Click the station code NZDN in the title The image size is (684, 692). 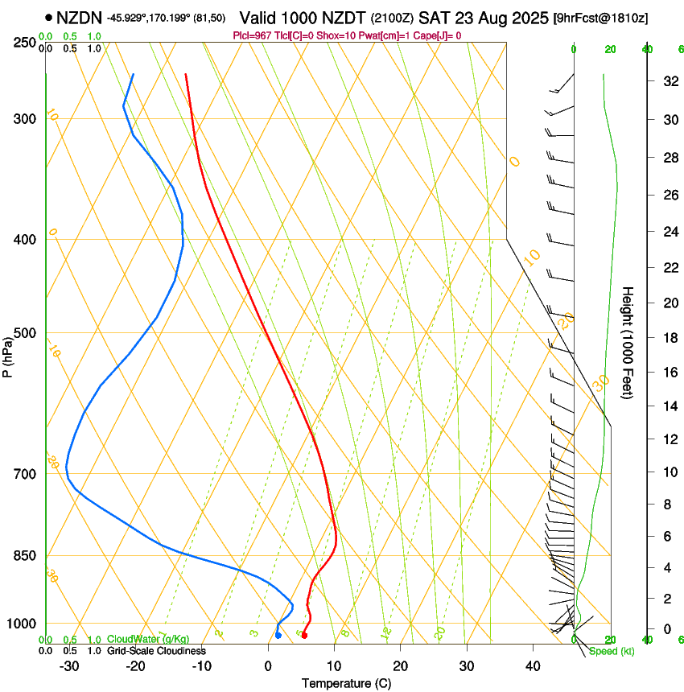click(79, 16)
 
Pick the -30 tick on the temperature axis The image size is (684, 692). click(69, 666)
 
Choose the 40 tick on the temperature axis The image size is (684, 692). click(532, 666)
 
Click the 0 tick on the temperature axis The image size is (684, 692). click(268, 666)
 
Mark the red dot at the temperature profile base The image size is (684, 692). click(304, 636)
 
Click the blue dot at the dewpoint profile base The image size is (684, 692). click(278, 636)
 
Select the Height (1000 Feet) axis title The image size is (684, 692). click(628, 342)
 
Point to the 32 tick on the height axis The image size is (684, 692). click(668, 81)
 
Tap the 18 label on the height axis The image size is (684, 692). click(668, 338)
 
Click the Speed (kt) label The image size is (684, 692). click(611, 651)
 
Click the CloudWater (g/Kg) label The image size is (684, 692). click(137, 640)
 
